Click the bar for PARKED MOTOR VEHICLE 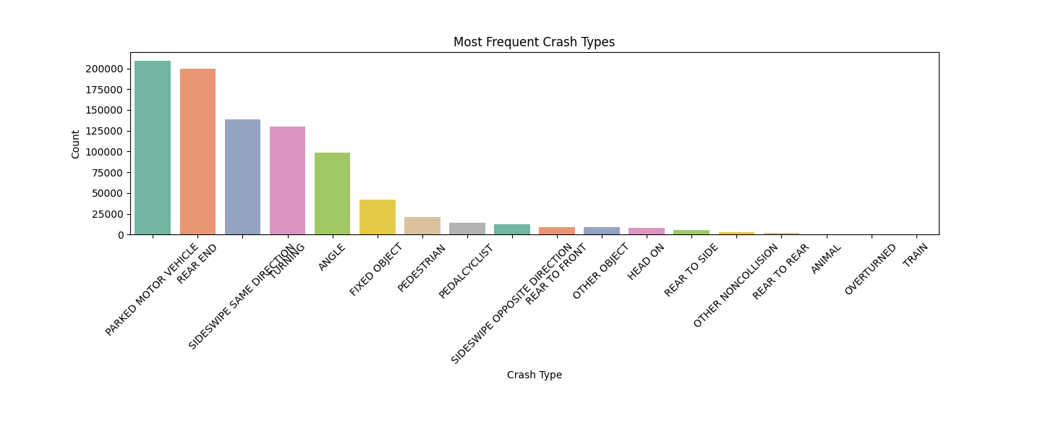(153, 148)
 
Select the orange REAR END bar (197, 152)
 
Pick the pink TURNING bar (287, 181)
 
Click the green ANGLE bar (332, 194)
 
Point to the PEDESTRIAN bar (422, 226)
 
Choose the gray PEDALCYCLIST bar (467, 229)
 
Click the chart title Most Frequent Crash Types (534, 42)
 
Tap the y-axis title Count (76, 144)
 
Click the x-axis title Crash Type (534, 375)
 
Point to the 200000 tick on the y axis (104, 69)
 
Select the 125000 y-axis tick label (104, 131)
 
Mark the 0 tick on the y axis (120, 235)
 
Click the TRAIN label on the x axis (916, 255)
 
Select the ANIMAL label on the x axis (826, 259)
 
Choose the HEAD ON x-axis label (646, 262)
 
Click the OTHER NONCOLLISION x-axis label (736, 286)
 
